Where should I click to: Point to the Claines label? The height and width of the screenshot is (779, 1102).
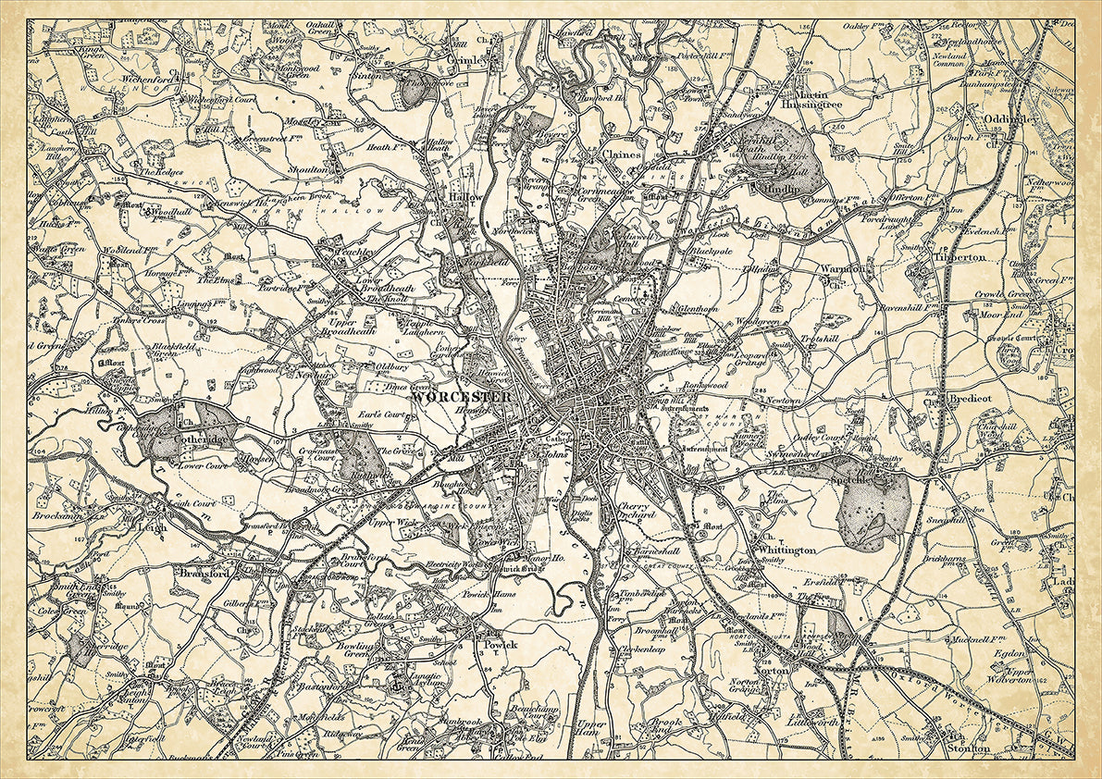[622, 155]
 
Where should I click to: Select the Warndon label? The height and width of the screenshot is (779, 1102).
[842, 268]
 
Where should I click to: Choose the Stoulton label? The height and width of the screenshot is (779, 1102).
[967, 748]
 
